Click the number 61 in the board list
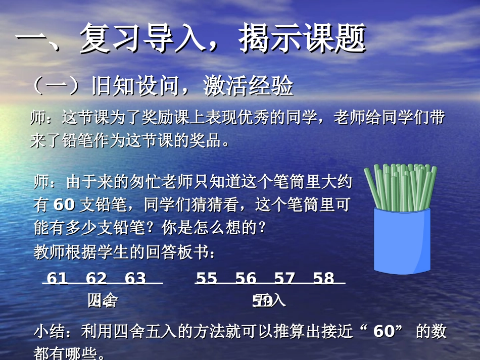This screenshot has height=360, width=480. pos(57,278)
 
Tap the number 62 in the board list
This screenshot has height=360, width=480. pos(96,278)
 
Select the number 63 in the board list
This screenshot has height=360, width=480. pos(135,278)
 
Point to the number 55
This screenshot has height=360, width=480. pos(206,278)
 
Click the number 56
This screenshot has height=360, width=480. pos(246,278)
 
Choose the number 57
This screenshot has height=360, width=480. pos(284,278)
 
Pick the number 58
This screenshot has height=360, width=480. pos(323,278)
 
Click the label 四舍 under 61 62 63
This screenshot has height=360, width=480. pos(103,300)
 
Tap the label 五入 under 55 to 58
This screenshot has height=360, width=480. pos(269,300)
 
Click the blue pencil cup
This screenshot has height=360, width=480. pos(402,242)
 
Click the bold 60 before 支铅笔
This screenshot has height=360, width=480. pos(64,204)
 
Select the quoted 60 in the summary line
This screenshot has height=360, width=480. pos(383,332)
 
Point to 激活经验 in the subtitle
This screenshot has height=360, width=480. pos(248,86)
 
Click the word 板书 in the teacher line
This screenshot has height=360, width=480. pos(193,252)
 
